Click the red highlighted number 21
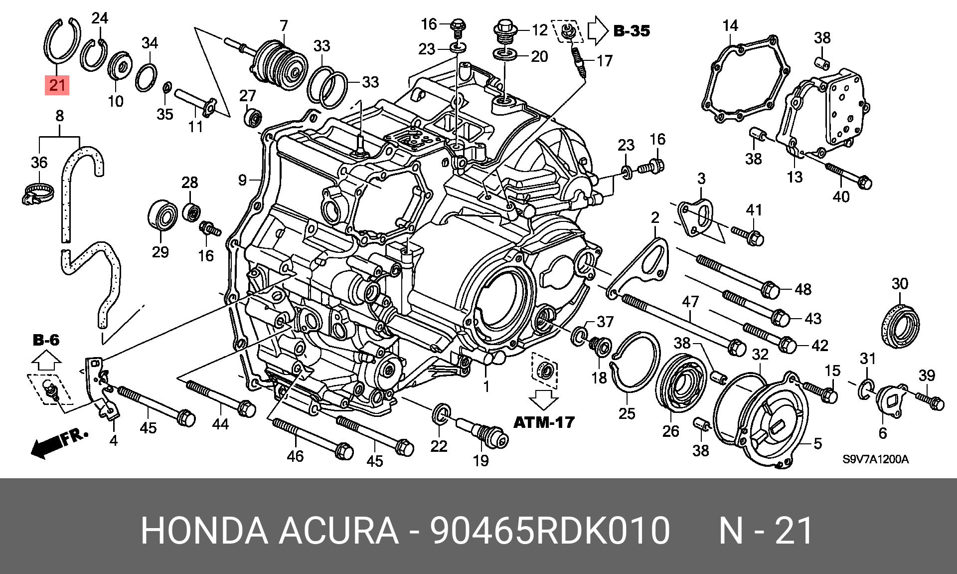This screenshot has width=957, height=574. coord(57,85)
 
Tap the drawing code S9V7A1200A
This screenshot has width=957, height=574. coord(875,459)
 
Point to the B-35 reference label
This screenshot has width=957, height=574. coord(632,31)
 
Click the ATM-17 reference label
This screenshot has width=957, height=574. coord(544,422)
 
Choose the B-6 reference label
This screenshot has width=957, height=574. coord(46,340)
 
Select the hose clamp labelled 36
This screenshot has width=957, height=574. coord(37,193)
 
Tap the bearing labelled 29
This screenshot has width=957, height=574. coord(162,216)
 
